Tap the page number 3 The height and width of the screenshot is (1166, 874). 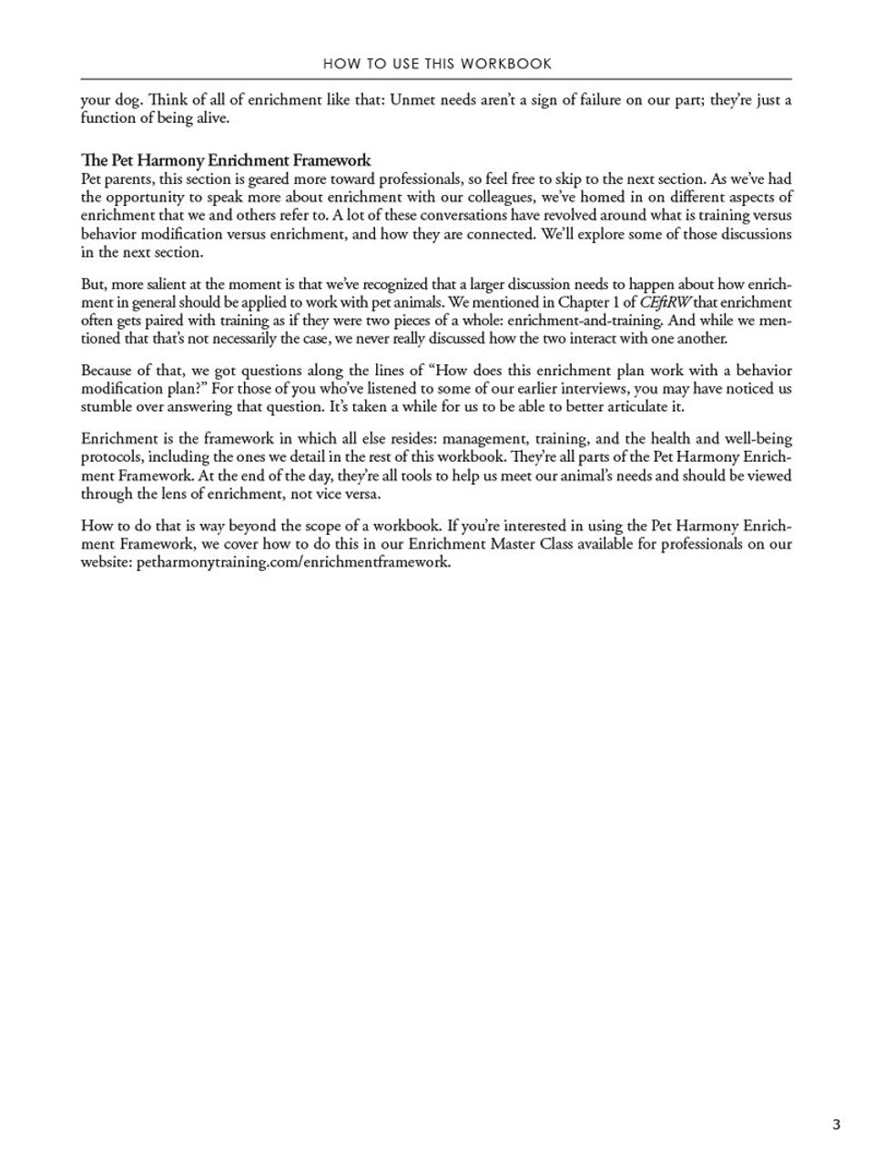tap(836, 1124)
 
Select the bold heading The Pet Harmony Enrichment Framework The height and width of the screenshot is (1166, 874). tap(226, 161)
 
